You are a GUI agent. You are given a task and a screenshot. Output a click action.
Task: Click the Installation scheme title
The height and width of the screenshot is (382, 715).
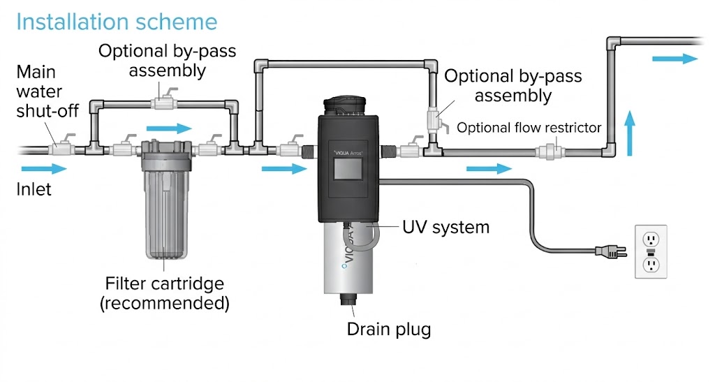[117, 22]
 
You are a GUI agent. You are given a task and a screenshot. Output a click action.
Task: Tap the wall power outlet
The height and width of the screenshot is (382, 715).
[651, 251]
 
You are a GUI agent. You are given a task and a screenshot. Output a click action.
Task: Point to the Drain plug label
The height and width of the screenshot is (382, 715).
[389, 329]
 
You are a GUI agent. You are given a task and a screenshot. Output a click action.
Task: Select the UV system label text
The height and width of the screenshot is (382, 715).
[446, 228]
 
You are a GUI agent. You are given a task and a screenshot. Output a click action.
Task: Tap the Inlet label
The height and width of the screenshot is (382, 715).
[35, 189]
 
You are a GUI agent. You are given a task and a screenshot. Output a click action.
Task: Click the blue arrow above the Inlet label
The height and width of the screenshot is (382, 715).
[43, 168]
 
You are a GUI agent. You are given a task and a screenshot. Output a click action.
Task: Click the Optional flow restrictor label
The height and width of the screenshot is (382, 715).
[529, 128]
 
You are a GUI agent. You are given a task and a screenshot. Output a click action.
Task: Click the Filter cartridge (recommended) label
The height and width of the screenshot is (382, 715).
[165, 293]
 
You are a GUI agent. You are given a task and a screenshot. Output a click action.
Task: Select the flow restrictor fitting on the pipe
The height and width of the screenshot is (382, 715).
[547, 149]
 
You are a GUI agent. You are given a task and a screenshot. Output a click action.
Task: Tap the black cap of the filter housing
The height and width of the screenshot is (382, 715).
[165, 149]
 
